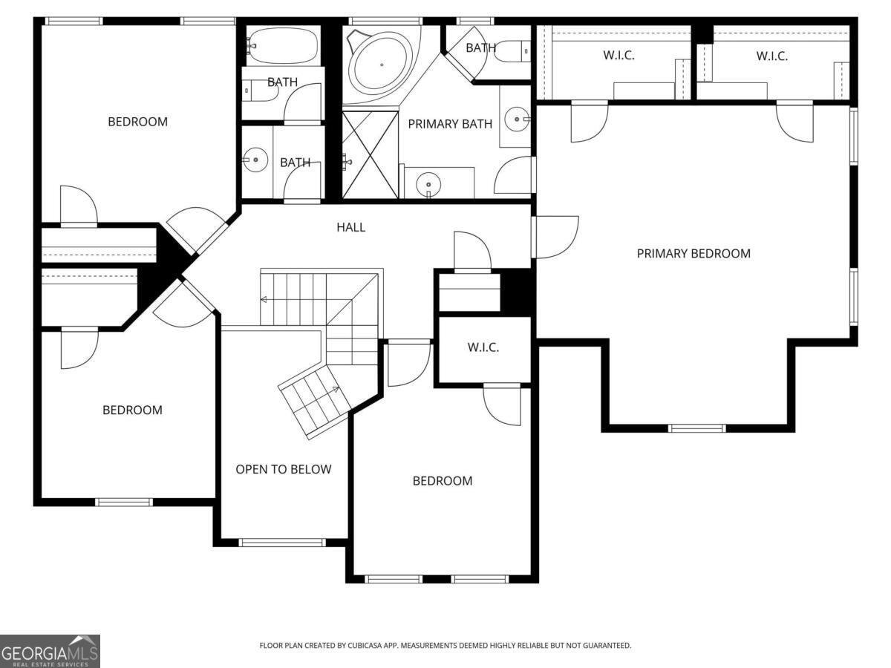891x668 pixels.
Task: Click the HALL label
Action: point(350,227)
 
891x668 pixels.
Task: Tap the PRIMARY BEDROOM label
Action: point(693,254)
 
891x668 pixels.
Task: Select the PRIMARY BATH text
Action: point(450,124)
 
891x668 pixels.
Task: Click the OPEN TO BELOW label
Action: point(284,469)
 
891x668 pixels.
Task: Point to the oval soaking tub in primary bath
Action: point(382,65)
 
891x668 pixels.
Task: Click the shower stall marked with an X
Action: point(371,155)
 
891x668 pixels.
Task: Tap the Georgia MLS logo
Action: point(50,652)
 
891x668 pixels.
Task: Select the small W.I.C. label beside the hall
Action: point(483,347)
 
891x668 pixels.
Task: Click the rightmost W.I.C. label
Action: point(771,56)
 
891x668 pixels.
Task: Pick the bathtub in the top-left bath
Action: point(283,45)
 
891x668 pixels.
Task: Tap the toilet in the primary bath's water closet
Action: point(512,51)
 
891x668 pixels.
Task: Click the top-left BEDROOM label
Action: point(137,122)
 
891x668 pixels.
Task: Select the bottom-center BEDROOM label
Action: point(443,481)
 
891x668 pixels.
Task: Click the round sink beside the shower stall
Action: point(428,184)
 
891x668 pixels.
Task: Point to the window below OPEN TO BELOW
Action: point(283,543)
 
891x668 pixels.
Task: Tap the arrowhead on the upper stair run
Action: point(263,299)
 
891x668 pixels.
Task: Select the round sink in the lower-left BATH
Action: point(255,160)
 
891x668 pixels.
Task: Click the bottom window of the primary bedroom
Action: point(696,428)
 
